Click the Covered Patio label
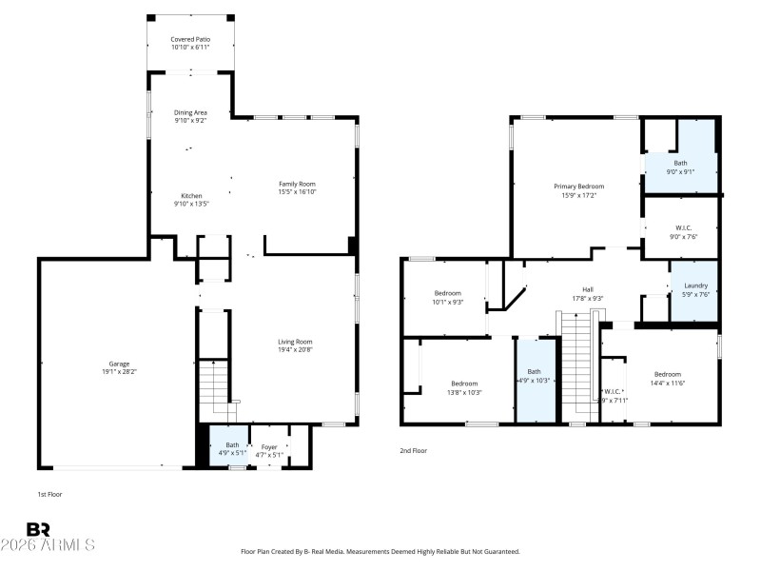coord(190,39)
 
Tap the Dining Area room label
coord(190,113)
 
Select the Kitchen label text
coord(190,195)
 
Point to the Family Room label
coord(297,184)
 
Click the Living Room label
coord(295,342)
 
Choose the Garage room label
coord(119,364)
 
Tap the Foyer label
coord(270,444)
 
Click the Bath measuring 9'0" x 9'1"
coord(680,163)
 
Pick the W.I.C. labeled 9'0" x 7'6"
coord(680,227)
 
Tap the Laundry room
coord(695,285)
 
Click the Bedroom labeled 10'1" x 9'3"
coord(448,293)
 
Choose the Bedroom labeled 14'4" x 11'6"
coord(668,374)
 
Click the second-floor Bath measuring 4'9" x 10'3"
coord(534,372)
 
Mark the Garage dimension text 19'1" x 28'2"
coord(119,372)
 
